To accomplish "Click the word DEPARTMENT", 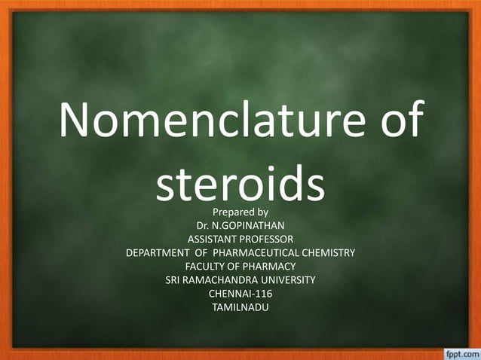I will coord(162,252).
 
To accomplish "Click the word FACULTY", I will coord(207,266).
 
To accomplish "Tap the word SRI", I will coord(174,279).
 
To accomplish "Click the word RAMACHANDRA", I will coord(222,279).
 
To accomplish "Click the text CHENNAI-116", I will coord(240,293).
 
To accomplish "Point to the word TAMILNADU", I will coord(240,307).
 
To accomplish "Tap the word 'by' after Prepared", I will coord(262,212).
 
